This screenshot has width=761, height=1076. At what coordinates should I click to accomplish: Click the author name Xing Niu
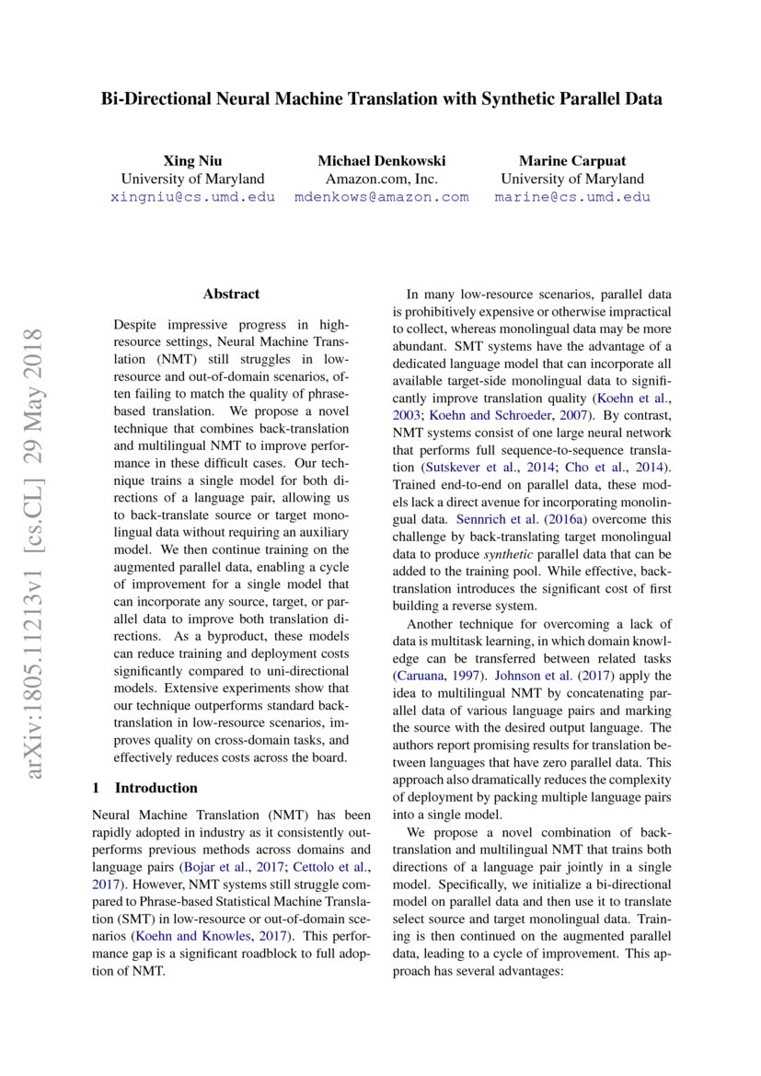tap(192, 160)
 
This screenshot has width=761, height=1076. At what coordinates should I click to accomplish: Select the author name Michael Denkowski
tap(381, 160)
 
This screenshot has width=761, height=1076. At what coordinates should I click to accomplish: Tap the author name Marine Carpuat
tap(571, 160)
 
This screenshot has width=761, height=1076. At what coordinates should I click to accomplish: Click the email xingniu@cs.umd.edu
tap(192, 197)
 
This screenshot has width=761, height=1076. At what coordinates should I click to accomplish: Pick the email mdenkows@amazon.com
tap(381, 197)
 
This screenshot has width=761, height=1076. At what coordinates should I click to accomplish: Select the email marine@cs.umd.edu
tap(571, 197)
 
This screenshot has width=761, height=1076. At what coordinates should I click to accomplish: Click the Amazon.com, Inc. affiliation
tap(381, 179)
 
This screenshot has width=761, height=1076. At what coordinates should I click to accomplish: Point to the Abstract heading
tap(231, 295)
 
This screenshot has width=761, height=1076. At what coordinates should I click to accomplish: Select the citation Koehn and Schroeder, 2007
tap(482, 414)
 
